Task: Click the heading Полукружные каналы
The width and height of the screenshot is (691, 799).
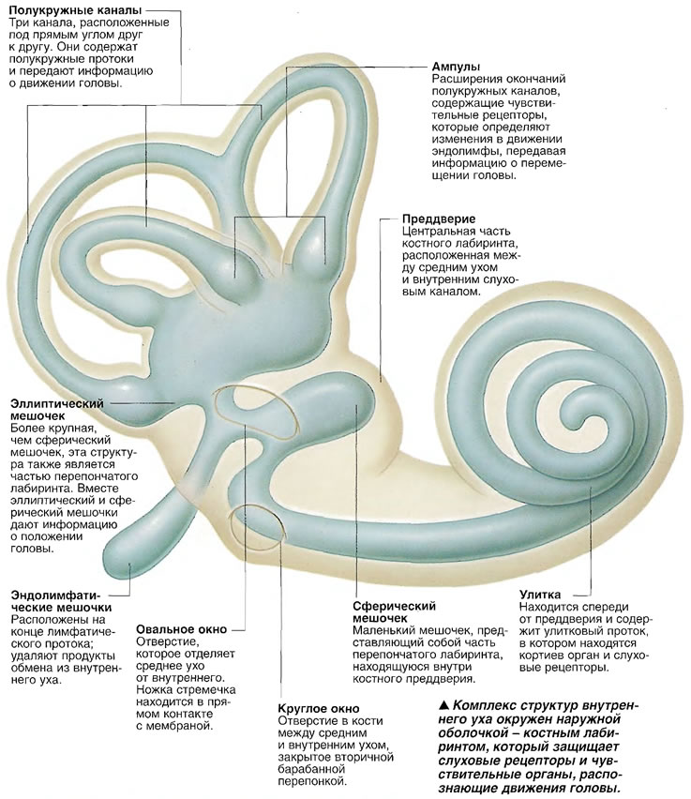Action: tap(75, 9)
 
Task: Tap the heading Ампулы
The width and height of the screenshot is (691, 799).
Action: tap(456, 67)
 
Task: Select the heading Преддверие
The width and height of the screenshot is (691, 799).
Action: tap(439, 219)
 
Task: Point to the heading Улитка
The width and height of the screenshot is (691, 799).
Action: tap(540, 595)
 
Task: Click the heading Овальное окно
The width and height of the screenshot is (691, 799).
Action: tap(181, 629)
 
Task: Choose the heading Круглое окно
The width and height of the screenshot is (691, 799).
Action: tap(319, 709)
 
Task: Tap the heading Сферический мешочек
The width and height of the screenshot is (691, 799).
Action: tap(394, 612)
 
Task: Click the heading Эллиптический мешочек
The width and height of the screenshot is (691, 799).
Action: tap(56, 410)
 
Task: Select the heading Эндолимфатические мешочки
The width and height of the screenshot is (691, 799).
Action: tap(61, 601)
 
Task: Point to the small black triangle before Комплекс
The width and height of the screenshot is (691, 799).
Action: tap(443, 706)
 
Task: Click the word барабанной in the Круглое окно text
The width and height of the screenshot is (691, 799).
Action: tap(312, 769)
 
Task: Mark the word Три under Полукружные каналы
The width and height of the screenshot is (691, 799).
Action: tap(19, 23)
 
